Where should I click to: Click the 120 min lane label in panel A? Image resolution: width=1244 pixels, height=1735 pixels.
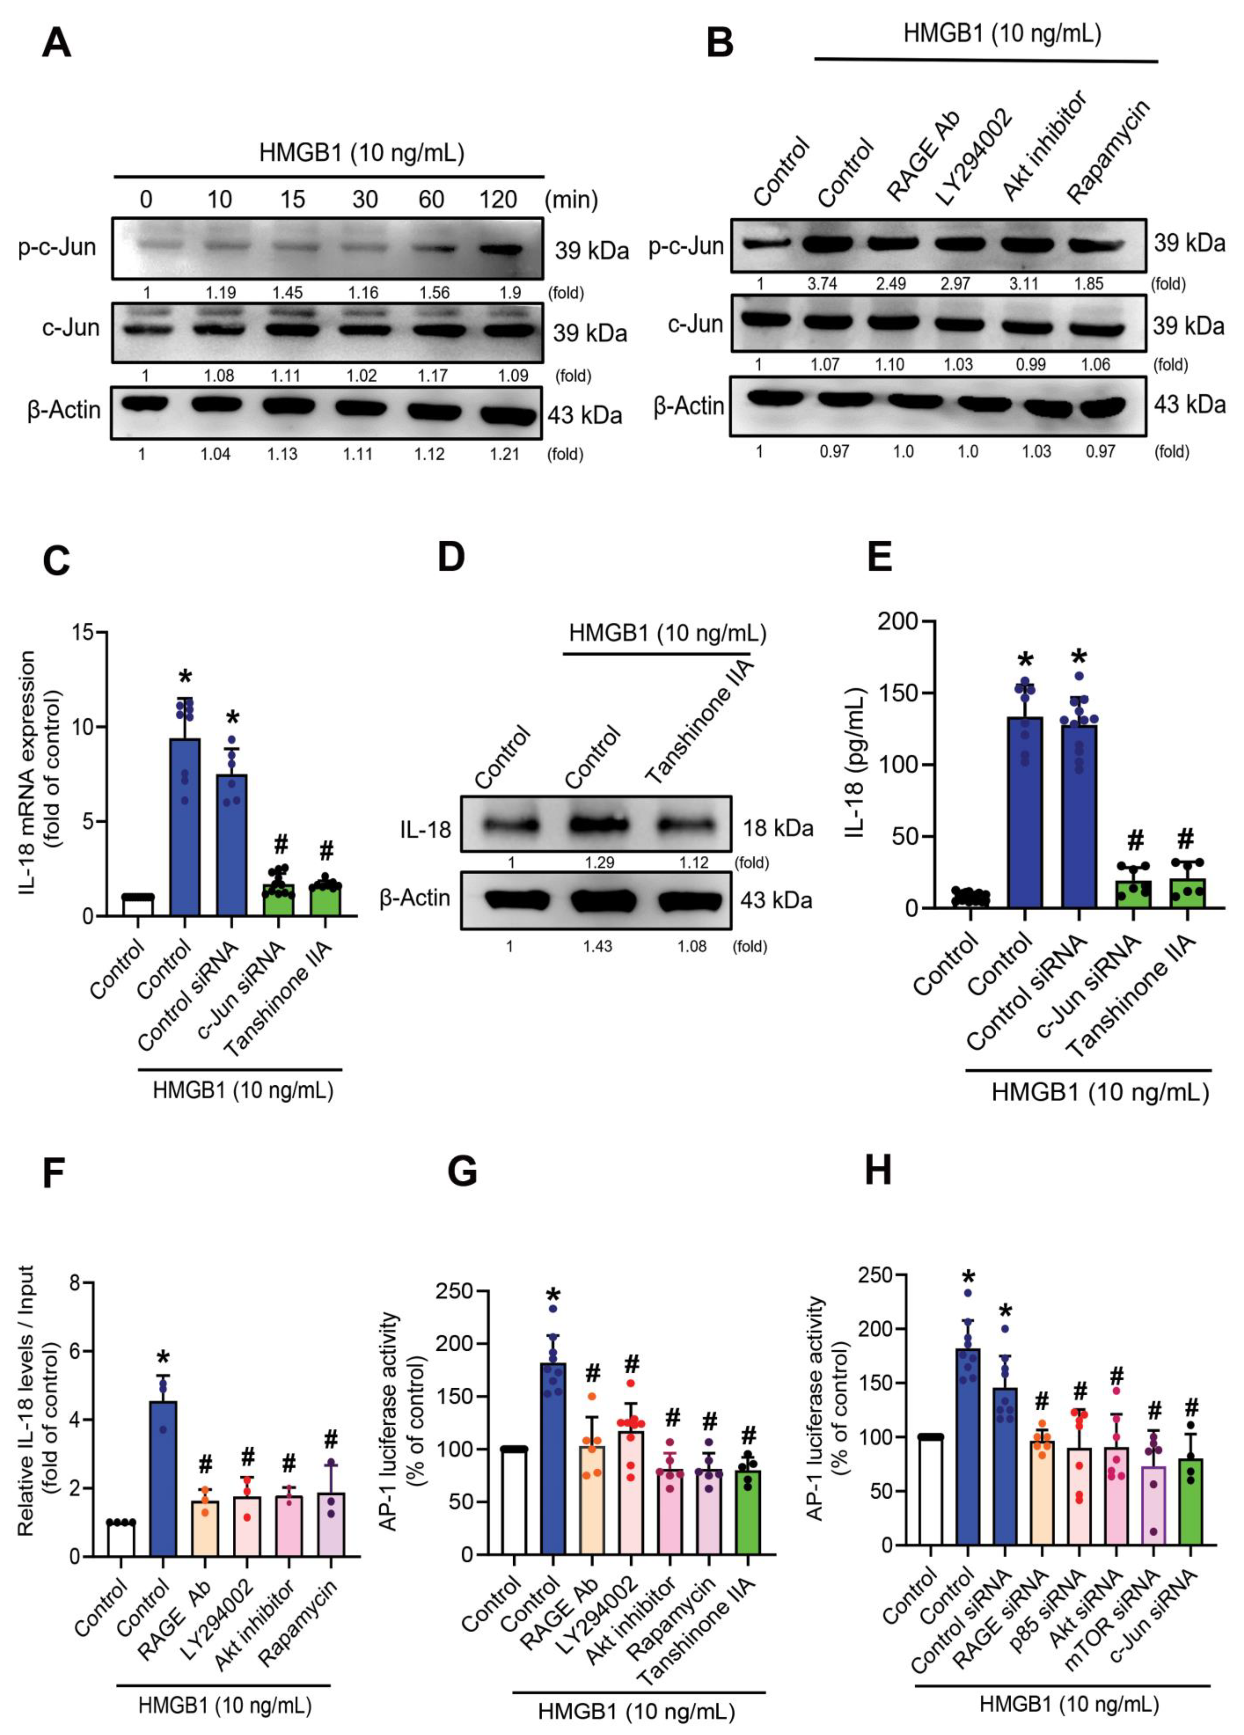498,200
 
